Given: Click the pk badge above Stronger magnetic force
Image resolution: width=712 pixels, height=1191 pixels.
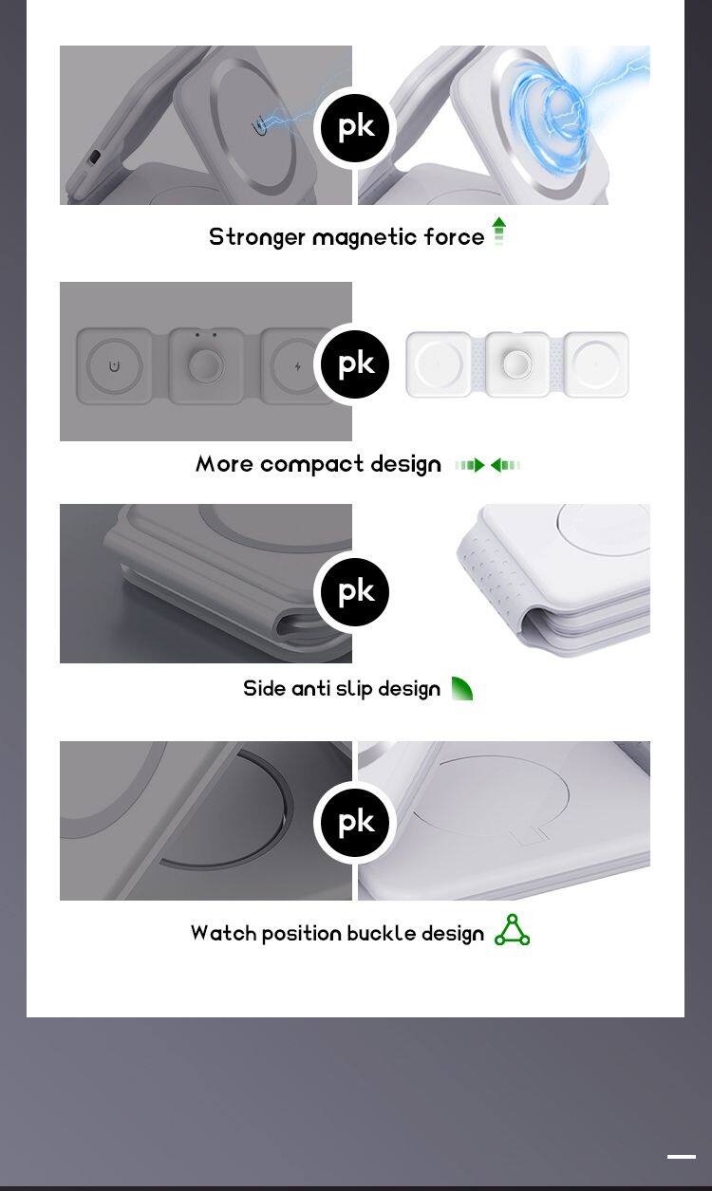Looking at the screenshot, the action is point(355,128).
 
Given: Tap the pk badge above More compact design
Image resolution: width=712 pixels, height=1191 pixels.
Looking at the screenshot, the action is point(355,364).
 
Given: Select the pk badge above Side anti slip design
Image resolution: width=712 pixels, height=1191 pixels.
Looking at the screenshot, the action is point(355,592).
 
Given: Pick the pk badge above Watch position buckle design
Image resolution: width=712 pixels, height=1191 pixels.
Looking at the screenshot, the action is point(355,823).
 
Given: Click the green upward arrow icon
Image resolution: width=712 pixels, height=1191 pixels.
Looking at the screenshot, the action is point(498,231).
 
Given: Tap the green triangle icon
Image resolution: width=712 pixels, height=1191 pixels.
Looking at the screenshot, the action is point(512,930).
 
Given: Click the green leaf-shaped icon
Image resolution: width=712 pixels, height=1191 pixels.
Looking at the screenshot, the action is point(461,689).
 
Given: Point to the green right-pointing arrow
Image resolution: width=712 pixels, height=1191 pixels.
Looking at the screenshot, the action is point(470,465).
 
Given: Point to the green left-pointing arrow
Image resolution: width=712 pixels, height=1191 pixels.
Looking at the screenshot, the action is point(505,465).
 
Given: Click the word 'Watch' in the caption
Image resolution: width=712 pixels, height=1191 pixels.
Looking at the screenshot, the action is point(223,934).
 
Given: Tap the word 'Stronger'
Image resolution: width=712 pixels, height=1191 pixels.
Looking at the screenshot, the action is point(257,237).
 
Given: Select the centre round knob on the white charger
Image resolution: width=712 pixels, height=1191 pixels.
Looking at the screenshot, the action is point(516,364).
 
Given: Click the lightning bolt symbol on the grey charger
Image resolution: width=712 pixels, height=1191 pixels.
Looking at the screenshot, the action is point(298,365).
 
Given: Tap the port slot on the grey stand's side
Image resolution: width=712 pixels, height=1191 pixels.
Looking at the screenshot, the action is point(95,157).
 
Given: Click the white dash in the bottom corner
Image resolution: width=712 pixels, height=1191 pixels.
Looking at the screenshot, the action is point(682,1157).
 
